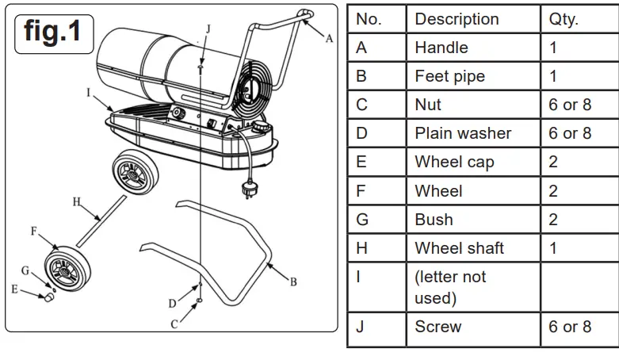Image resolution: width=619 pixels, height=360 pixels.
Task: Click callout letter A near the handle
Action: (329, 38)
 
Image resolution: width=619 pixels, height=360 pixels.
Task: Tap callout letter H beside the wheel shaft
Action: (77, 202)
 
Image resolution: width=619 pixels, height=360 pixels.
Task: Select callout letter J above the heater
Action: (208, 29)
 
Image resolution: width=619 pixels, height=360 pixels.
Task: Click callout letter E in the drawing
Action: (14, 289)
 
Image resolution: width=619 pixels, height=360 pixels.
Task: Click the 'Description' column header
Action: (457, 19)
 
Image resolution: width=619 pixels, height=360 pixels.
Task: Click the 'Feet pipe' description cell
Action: (449, 76)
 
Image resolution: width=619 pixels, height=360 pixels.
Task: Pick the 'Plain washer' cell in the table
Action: (463, 133)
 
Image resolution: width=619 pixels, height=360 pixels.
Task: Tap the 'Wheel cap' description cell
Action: (454, 162)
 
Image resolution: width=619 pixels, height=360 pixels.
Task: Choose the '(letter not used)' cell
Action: (450, 287)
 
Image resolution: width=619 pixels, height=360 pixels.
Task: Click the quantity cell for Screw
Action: (570, 327)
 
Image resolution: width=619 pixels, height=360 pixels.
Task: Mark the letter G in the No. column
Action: (362, 220)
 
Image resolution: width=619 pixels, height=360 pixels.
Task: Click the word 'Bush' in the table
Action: (434, 220)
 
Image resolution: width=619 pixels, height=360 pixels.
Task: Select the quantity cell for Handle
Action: (553, 48)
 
